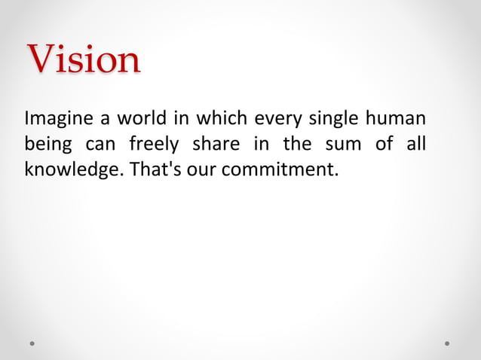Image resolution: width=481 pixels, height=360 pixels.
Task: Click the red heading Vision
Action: [x=83, y=59]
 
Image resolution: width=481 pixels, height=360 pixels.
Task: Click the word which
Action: [x=222, y=119]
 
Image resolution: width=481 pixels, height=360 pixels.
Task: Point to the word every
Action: [x=280, y=120]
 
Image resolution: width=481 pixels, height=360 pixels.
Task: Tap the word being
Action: [x=47, y=145]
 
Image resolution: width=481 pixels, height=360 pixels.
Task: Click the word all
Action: [x=415, y=144]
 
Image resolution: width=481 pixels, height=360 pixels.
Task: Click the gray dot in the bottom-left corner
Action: [x=32, y=343]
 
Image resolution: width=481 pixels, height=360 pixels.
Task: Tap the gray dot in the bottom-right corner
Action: [x=447, y=343]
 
